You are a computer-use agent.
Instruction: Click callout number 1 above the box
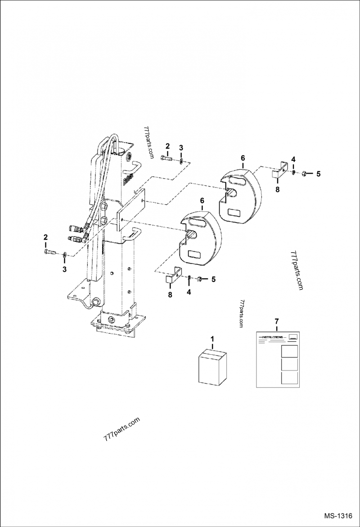click(213, 338)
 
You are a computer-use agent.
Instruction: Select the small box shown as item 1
click(212, 367)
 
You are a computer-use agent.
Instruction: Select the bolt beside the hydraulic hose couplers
click(49, 252)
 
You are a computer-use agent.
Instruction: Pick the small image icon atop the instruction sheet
click(293, 336)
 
